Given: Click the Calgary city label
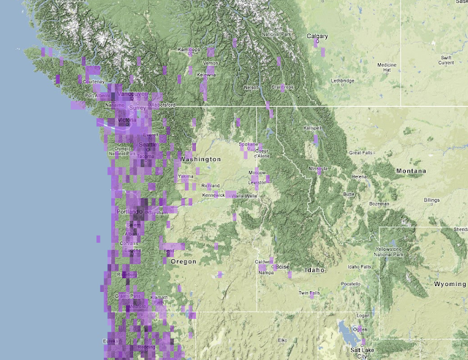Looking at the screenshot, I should (317, 36).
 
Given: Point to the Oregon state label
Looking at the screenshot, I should (183, 261).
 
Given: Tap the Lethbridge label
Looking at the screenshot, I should (342, 80).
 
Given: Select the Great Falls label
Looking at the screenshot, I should (361, 152).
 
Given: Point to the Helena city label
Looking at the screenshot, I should (360, 177).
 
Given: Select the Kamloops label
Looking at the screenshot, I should (189, 50).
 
